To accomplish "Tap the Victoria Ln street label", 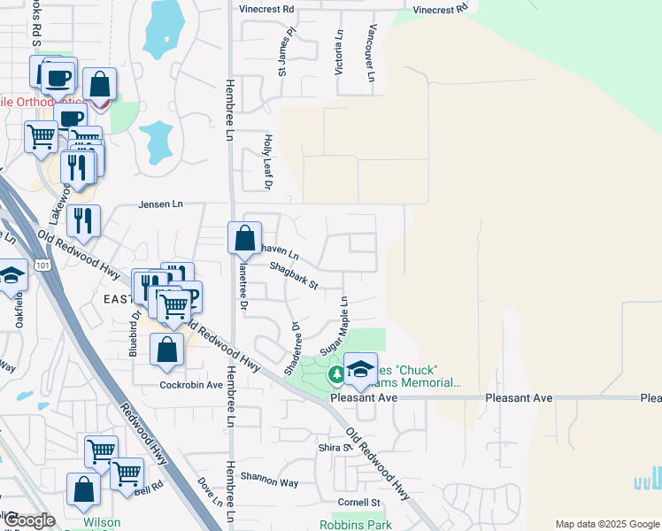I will point(339,52).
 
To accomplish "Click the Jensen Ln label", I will point(159,204).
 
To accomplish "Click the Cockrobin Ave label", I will point(191,385).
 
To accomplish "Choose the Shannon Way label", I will point(276,482).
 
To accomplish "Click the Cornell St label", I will point(358,503).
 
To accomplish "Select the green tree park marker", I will point(336,375).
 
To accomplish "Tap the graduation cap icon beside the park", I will point(360,368).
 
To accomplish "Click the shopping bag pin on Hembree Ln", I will point(244,237).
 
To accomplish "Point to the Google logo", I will point(30,520).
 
